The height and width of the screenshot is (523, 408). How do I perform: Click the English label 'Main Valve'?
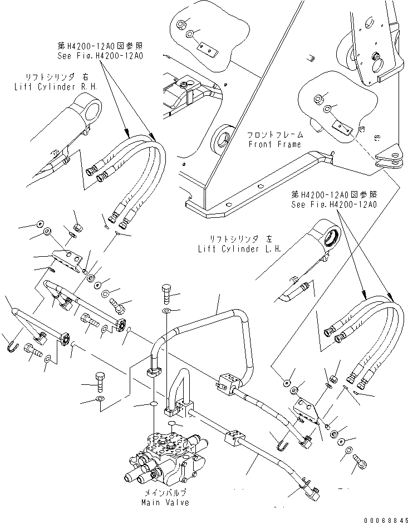point(165,502)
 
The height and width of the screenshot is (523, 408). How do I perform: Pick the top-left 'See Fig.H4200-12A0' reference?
point(100,56)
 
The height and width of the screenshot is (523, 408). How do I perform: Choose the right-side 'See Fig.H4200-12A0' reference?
point(334,204)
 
